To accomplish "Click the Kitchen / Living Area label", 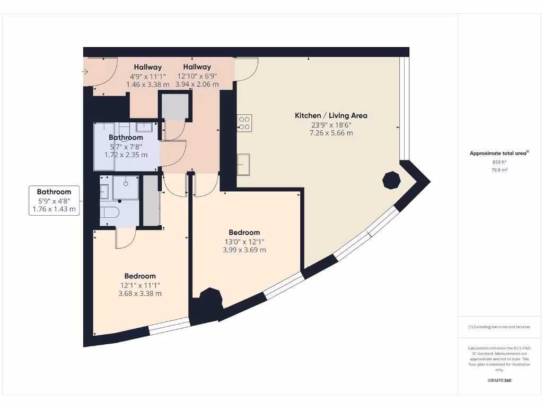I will (x=331, y=115).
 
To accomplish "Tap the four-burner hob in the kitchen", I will (x=244, y=123).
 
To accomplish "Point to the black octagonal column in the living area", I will (x=391, y=181).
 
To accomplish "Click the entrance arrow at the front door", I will (x=85, y=71).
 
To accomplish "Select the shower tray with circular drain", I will (x=126, y=188).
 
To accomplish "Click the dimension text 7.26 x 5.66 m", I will (x=331, y=133).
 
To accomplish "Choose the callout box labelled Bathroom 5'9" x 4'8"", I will (x=54, y=200).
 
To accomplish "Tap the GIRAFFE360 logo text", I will (x=499, y=380).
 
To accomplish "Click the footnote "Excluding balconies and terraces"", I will (x=499, y=327).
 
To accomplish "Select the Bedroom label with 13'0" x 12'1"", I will (x=244, y=232).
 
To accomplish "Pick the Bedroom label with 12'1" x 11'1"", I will (x=140, y=276).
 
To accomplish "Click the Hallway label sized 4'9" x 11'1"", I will (x=147, y=67).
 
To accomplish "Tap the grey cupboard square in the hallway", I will (x=174, y=106).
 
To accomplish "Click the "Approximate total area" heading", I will (x=498, y=153).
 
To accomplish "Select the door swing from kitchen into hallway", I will (x=247, y=69).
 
